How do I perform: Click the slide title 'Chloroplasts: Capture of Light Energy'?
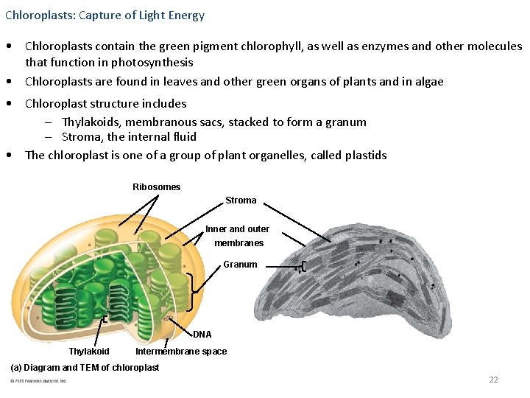tap(105, 15)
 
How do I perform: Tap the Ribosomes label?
tap(156, 187)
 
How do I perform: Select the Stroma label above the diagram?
tap(241, 200)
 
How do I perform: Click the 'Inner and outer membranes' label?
tap(238, 236)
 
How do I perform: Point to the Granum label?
tap(240, 265)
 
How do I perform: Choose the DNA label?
tap(202, 335)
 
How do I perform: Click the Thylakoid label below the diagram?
tap(89, 352)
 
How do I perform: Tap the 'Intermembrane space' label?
tap(181, 352)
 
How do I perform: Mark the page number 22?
tap(493, 380)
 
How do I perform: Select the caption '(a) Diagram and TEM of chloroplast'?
tap(84, 368)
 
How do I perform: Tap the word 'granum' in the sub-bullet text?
tap(347, 122)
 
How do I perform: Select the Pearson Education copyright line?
tap(38, 381)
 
